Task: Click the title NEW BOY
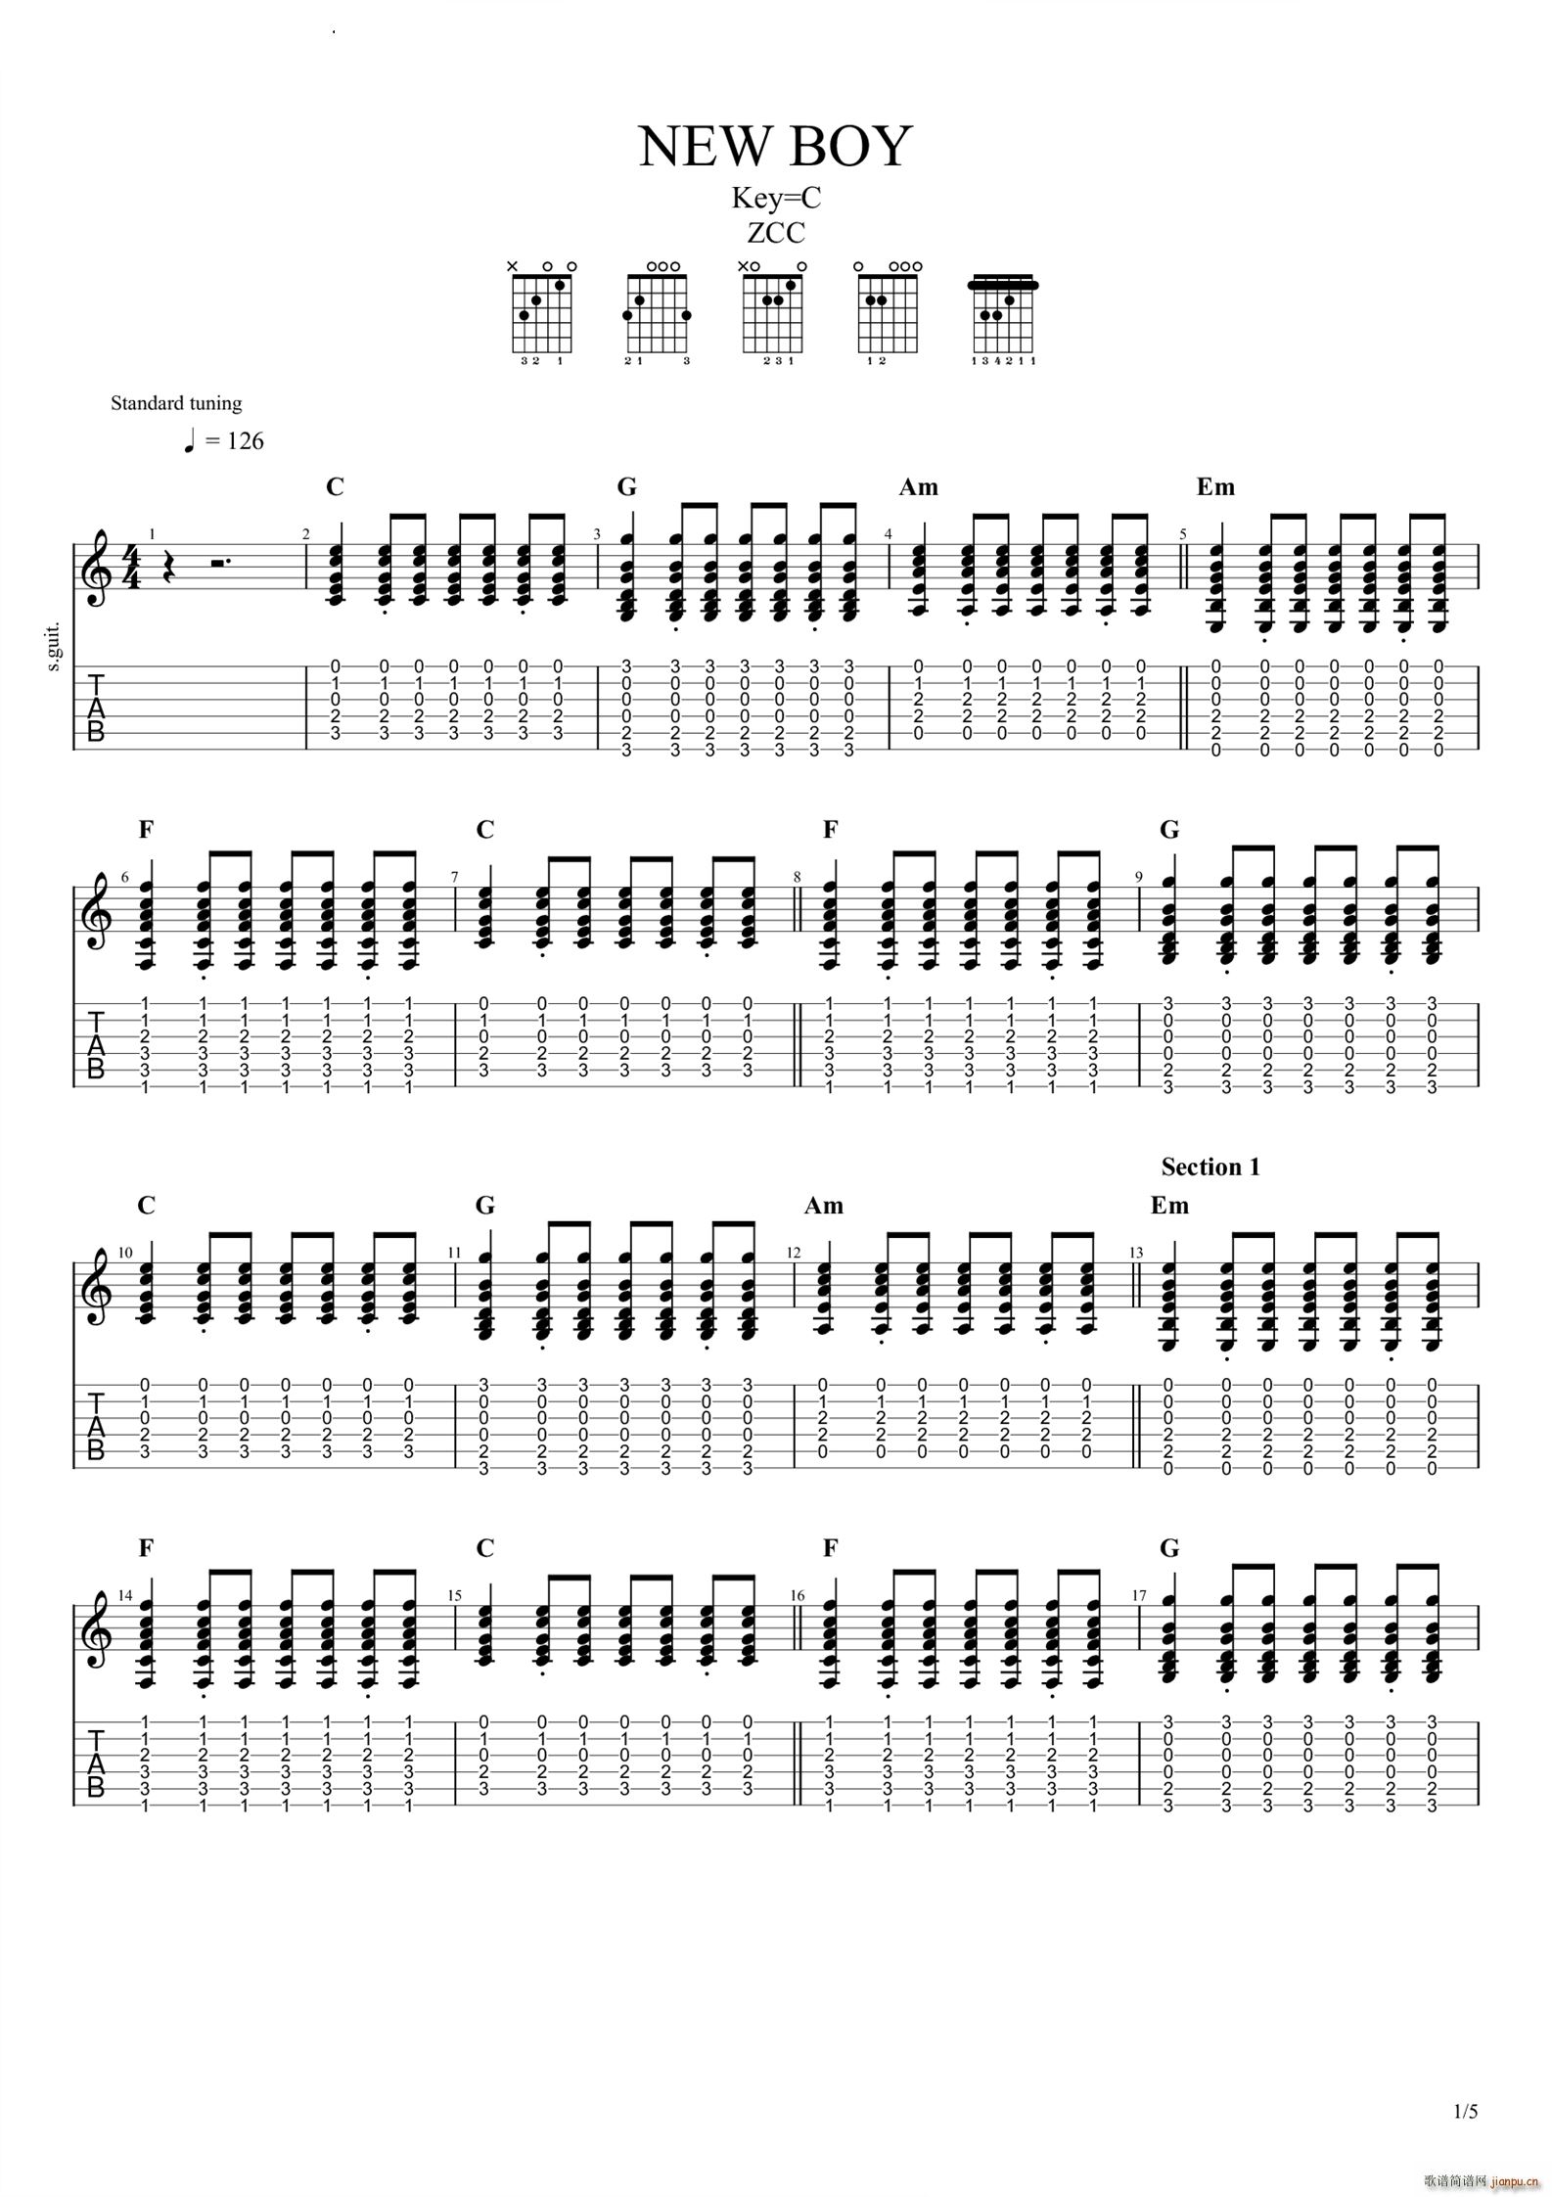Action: click(x=775, y=147)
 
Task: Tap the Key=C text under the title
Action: click(x=776, y=199)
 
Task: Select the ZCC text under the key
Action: click(x=776, y=233)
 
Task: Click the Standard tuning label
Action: click(x=176, y=403)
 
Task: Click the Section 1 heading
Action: click(x=1210, y=1167)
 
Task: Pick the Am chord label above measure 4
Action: click(x=918, y=486)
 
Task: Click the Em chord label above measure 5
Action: click(x=1215, y=486)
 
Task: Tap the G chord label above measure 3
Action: click(x=626, y=486)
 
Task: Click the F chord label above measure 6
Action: click(x=147, y=830)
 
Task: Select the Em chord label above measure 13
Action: click(x=1169, y=1205)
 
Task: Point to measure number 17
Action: click(x=1139, y=1595)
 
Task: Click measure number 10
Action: click(x=125, y=1253)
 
